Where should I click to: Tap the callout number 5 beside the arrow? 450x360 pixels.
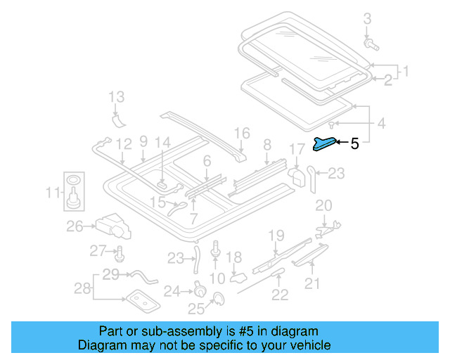coord(354,144)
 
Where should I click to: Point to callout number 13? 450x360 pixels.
coord(116,96)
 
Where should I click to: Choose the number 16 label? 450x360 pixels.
coord(242,132)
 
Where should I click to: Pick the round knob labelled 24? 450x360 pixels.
coord(199,290)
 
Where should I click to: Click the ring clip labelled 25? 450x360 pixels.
coord(217,300)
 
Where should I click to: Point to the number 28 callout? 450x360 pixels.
coord(82,289)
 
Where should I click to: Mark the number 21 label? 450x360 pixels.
coord(311,283)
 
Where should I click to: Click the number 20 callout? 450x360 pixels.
coord(323,205)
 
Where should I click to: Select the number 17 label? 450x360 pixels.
coord(297,149)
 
